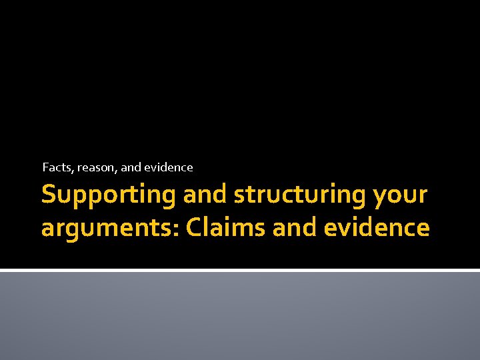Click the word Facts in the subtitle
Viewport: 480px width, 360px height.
(57, 167)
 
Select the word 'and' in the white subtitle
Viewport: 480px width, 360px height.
(131, 167)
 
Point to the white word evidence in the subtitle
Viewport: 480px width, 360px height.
(168, 167)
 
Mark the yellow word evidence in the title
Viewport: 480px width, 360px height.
(377, 227)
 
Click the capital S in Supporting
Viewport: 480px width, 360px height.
(48, 195)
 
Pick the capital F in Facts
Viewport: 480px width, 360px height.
(45, 167)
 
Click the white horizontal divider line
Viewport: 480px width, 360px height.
(240, 270)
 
